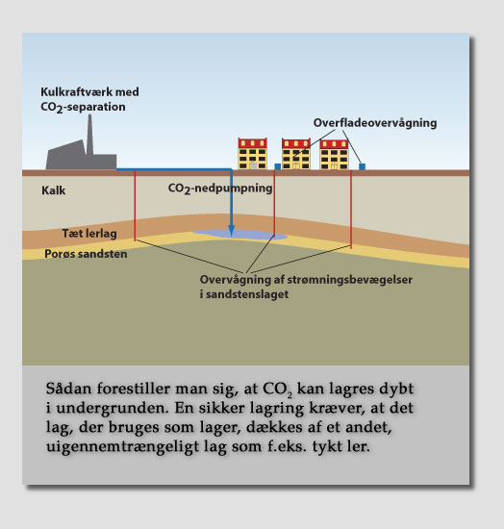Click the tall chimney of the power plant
click(89, 135)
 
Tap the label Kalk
click(53, 190)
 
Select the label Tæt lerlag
click(89, 233)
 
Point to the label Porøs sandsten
click(86, 254)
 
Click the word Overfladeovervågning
click(375, 123)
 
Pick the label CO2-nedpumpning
click(220, 189)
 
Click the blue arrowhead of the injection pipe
click(231, 230)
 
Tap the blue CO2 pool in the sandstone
click(240, 234)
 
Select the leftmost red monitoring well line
click(135, 206)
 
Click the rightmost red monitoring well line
click(351, 210)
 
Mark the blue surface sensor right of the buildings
click(362, 166)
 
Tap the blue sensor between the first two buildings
click(278, 166)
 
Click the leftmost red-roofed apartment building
click(253, 154)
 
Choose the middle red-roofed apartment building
click(296, 154)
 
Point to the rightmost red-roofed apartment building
click(334, 155)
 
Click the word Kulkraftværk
click(76, 91)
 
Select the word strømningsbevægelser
click(350, 280)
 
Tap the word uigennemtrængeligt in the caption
click(123, 446)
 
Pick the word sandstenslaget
click(247, 294)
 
